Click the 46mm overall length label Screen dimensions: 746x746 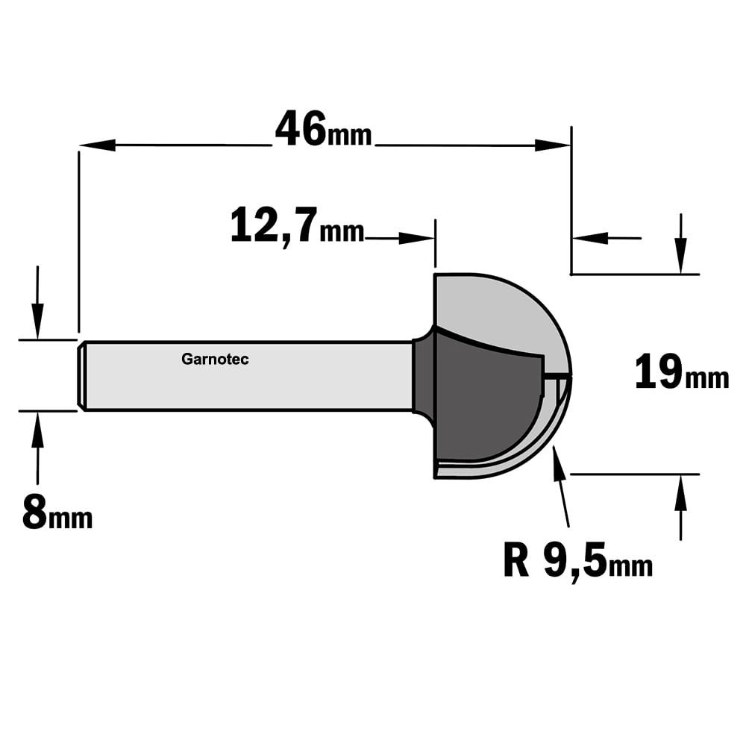[x=324, y=129]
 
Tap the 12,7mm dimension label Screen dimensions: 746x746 [x=298, y=228]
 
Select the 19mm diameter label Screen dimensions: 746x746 [x=681, y=373]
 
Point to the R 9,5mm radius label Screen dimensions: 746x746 [x=577, y=562]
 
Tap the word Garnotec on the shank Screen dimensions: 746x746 [x=215, y=360]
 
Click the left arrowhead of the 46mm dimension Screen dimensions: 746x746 [x=97, y=145]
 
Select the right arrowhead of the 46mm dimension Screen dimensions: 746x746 [x=553, y=145]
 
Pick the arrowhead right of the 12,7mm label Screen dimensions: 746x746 [x=417, y=238]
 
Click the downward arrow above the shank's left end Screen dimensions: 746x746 [x=37, y=303]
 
